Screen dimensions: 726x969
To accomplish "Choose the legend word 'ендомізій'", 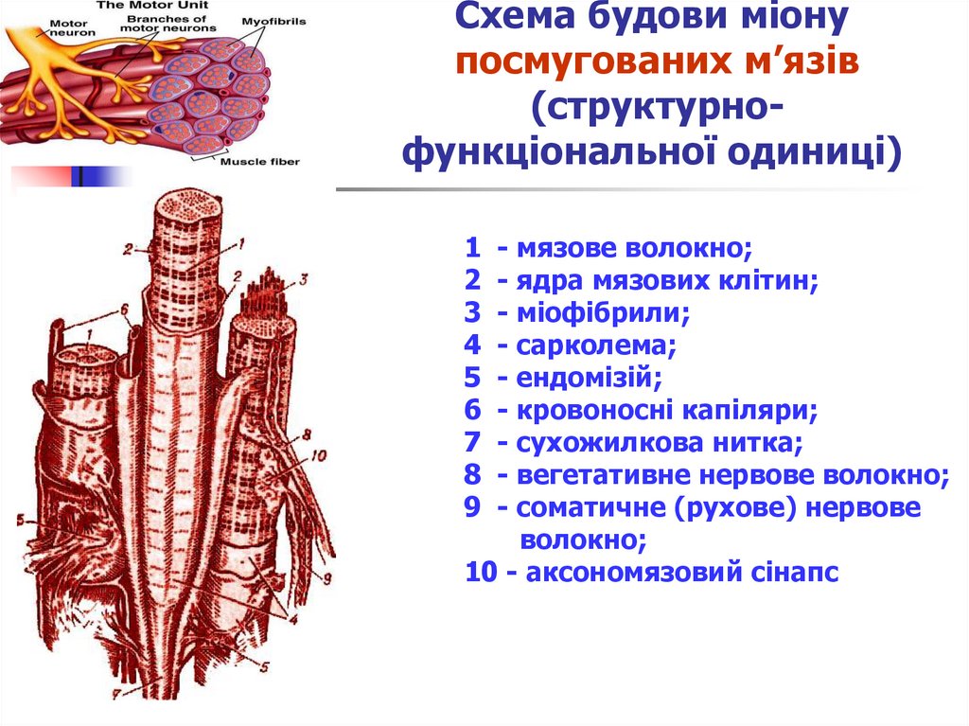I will coord(588,378).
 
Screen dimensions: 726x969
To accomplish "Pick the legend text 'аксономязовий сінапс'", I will coord(678,573).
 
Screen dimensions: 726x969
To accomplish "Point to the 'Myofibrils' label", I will coord(274,21).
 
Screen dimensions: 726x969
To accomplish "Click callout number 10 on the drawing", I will coord(318,455).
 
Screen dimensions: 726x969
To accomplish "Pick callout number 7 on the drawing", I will coord(117,694).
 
